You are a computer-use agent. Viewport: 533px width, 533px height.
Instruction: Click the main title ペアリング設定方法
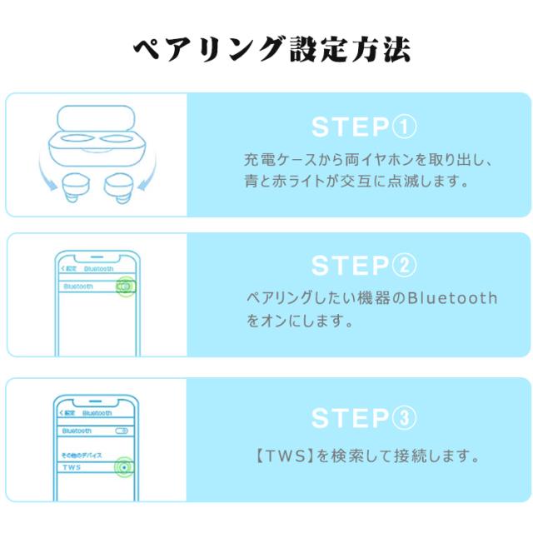pos(272,49)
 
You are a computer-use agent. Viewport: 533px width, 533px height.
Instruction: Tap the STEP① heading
pos(363,127)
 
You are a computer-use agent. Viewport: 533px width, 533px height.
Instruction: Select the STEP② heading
pos(363,266)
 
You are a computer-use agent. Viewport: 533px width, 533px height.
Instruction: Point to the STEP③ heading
pos(363,417)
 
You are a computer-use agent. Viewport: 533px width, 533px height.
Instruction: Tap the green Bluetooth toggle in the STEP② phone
pos(125,286)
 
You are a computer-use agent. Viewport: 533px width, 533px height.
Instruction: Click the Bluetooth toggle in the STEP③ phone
pos(122,431)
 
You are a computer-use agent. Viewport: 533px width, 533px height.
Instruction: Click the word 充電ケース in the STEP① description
pos(270,157)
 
